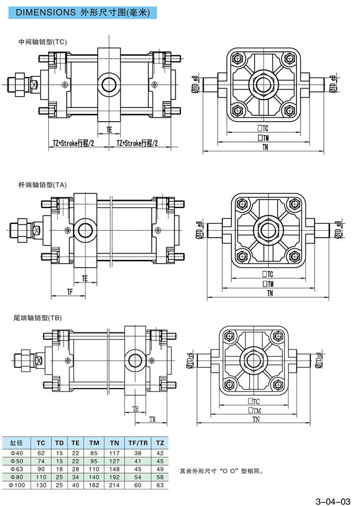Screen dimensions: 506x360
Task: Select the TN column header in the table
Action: [x=114, y=442]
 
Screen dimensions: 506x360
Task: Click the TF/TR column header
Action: [x=134, y=442]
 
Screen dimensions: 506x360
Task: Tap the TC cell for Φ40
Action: [x=41, y=453]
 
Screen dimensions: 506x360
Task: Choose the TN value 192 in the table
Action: [x=114, y=477]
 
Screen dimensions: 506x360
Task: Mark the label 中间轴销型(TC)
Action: [x=42, y=41]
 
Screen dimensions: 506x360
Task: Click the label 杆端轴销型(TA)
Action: [x=42, y=185]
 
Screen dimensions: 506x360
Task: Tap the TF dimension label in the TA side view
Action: [x=69, y=292]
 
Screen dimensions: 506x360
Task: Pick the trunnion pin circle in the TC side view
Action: [x=110, y=84]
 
